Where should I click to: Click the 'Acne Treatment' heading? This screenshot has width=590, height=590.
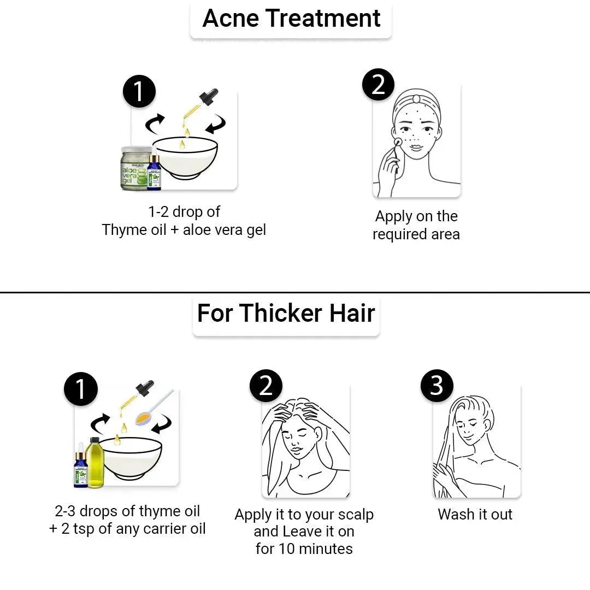(291, 18)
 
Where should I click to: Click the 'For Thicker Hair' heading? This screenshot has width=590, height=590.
(286, 313)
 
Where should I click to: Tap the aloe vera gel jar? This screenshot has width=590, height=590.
(135, 168)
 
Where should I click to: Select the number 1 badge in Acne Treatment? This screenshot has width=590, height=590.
(139, 91)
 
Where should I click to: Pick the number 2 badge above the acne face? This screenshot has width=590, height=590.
(378, 84)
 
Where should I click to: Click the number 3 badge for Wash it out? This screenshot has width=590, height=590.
(437, 385)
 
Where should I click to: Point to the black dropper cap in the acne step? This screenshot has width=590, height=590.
(209, 97)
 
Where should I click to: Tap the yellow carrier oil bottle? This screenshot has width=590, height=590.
(95, 463)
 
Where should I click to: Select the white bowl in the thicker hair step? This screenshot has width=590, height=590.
(132, 458)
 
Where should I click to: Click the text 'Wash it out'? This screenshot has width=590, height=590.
(475, 515)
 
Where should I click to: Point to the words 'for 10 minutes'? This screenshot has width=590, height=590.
(304, 548)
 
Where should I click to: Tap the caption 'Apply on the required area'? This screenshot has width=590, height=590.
(416, 225)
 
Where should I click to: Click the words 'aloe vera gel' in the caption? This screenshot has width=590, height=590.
(225, 230)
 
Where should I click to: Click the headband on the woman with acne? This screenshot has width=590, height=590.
(416, 99)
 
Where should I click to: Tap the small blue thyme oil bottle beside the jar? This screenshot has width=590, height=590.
(154, 172)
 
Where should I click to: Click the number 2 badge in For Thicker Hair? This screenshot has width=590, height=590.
(266, 385)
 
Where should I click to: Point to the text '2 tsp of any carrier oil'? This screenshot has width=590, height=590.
(134, 529)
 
